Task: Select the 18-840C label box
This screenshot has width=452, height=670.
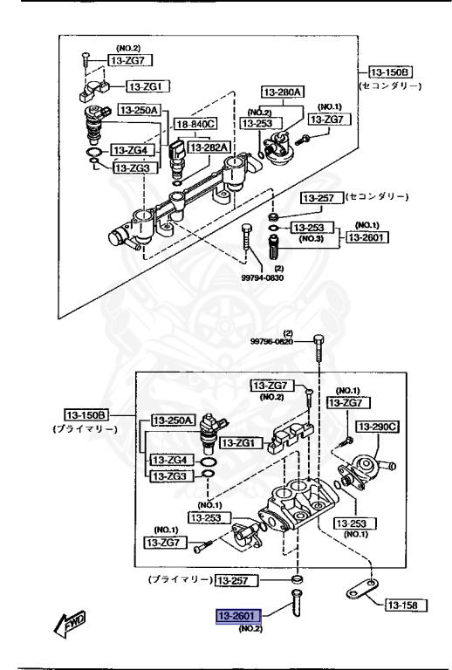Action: click(194, 126)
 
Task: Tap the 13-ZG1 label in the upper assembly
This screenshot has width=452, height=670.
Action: click(149, 85)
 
